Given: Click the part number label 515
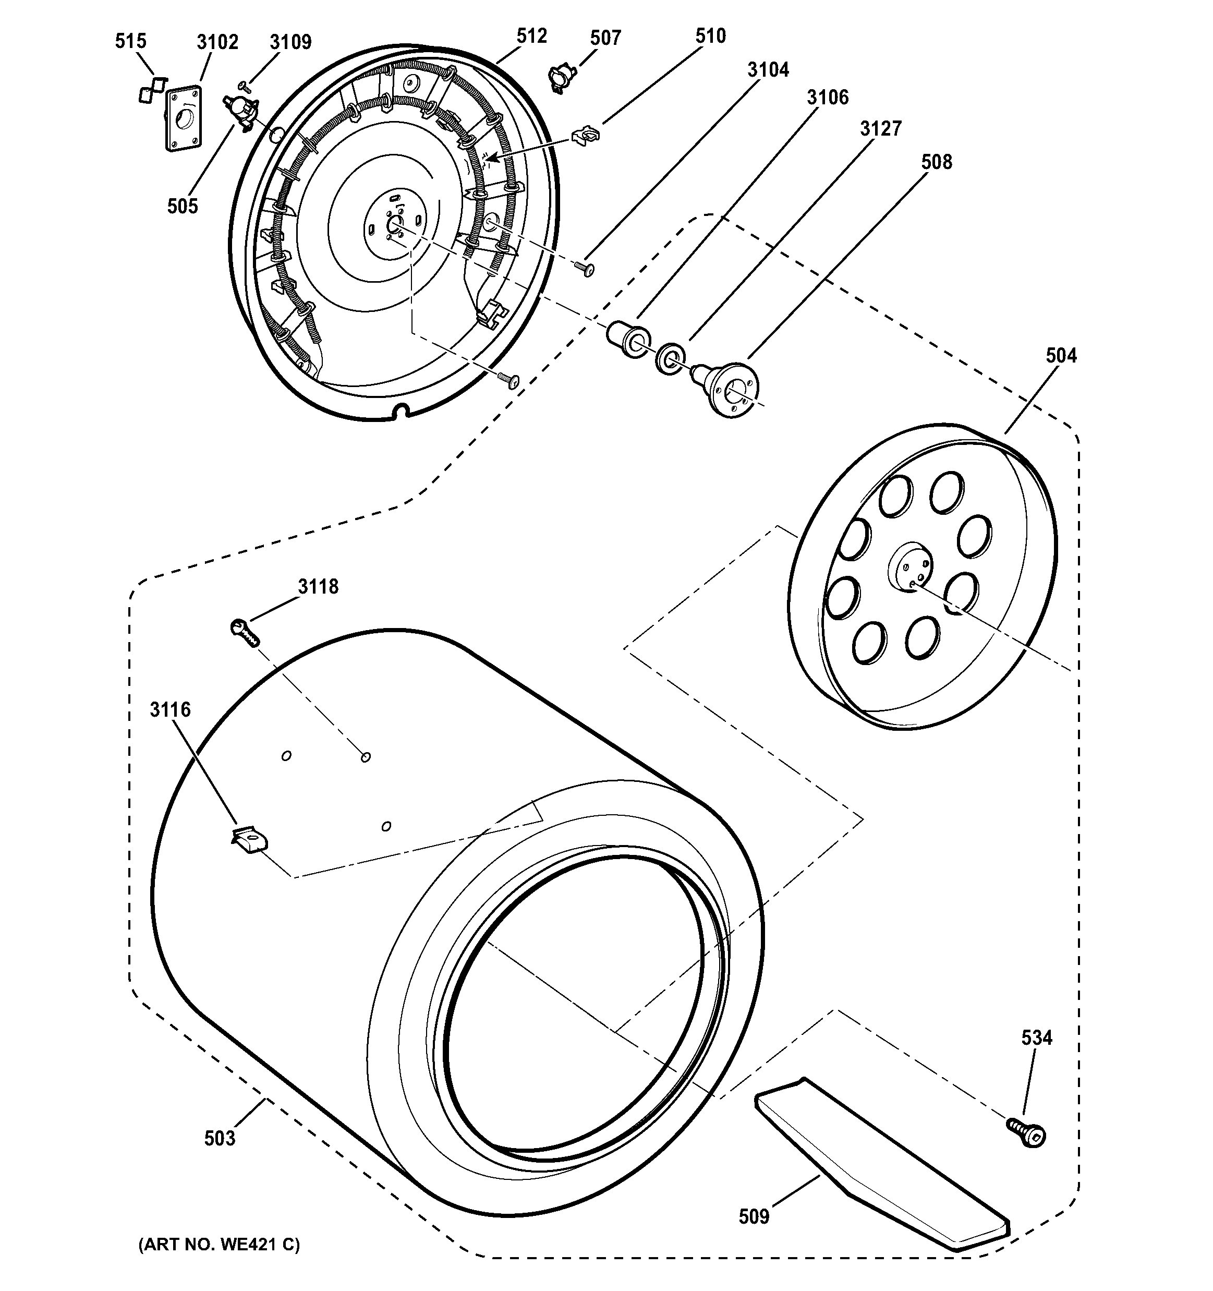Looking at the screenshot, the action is click(x=130, y=42).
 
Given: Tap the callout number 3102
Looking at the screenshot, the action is click(x=217, y=42).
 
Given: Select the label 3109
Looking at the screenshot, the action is click(x=291, y=42).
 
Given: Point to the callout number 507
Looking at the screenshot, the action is click(x=605, y=38).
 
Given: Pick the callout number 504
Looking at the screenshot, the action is click(x=1060, y=355).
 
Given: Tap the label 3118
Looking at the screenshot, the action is click(x=318, y=586).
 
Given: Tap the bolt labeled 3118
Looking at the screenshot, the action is click(x=245, y=632).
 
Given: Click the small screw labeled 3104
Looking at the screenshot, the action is click(x=585, y=268).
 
